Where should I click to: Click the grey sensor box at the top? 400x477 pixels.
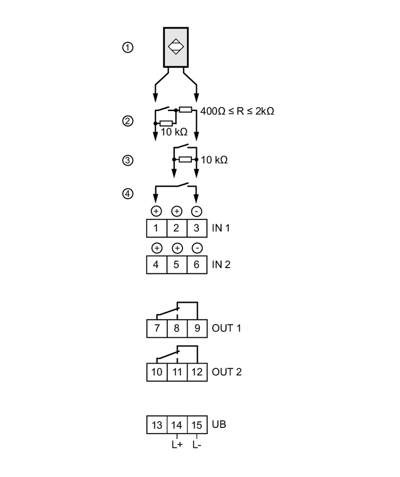pyautogui.click(x=176, y=47)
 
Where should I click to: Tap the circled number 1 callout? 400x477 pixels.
pyautogui.click(x=127, y=48)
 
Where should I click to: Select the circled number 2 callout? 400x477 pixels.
pyautogui.click(x=127, y=121)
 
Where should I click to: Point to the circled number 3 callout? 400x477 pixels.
pyautogui.click(x=127, y=160)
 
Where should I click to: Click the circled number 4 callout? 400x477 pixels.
pyautogui.click(x=127, y=194)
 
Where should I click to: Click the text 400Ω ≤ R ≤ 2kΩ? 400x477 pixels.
pyautogui.click(x=237, y=111)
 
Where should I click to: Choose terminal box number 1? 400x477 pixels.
pyautogui.click(x=157, y=228)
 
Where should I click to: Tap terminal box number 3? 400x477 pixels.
pyautogui.click(x=197, y=228)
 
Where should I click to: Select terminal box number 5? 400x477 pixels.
pyautogui.click(x=177, y=264)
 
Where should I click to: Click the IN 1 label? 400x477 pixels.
pyautogui.click(x=221, y=228)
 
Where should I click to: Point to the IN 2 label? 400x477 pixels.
pyautogui.click(x=221, y=264)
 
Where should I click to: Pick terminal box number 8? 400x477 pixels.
pyautogui.click(x=177, y=329)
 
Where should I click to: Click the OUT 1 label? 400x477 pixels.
pyautogui.click(x=227, y=329)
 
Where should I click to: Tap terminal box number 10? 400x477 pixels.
pyautogui.click(x=157, y=372)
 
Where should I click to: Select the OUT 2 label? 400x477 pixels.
pyautogui.click(x=227, y=372)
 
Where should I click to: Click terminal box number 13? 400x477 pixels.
pyautogui.click(x=157, y=425)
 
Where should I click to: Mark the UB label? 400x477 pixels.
pyautogui.click(x=219, y=424)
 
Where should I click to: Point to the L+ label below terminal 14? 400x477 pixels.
pyautogui.click(x=177, y=446)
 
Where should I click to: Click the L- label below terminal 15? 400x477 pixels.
pyautogui.click(x=197, y=446)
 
